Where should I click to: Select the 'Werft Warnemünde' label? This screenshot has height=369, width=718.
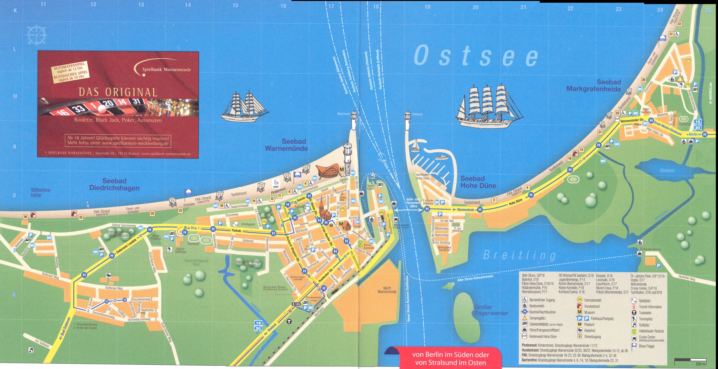[x=387, y=290]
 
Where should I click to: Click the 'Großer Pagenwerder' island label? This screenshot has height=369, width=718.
[x=491, y=310]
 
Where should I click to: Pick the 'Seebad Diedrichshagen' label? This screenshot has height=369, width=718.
[x=114, y=184]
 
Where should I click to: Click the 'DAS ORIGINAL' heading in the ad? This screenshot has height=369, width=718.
[x=118, y=92]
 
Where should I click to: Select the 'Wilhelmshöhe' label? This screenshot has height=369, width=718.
[x=41, y=192]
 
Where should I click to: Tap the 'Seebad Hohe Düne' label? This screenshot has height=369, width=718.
[x=478, y=182]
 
